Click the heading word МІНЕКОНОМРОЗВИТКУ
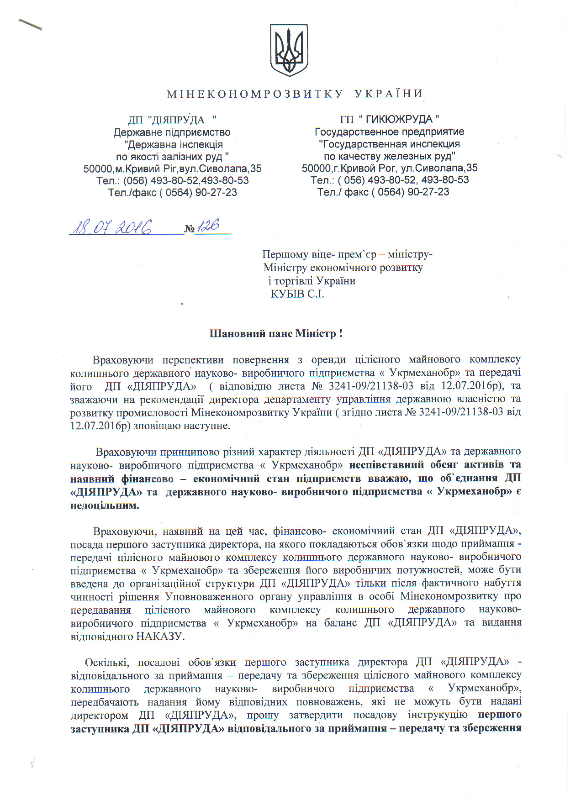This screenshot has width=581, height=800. coord(255,94)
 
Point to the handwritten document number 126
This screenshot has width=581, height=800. coord(209,226)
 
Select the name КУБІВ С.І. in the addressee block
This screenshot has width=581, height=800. coord(297,294)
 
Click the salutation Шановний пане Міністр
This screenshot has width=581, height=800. coord(275,333)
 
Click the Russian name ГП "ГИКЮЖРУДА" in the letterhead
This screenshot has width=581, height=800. coord(389,119)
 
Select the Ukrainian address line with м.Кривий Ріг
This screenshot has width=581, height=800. coord(172,168)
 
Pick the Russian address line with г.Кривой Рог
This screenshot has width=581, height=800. coord(389,168)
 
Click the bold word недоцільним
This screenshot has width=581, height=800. coord(105,505)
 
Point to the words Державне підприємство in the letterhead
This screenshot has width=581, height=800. coord(172,132)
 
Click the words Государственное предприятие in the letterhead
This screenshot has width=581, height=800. coord(389,132)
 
